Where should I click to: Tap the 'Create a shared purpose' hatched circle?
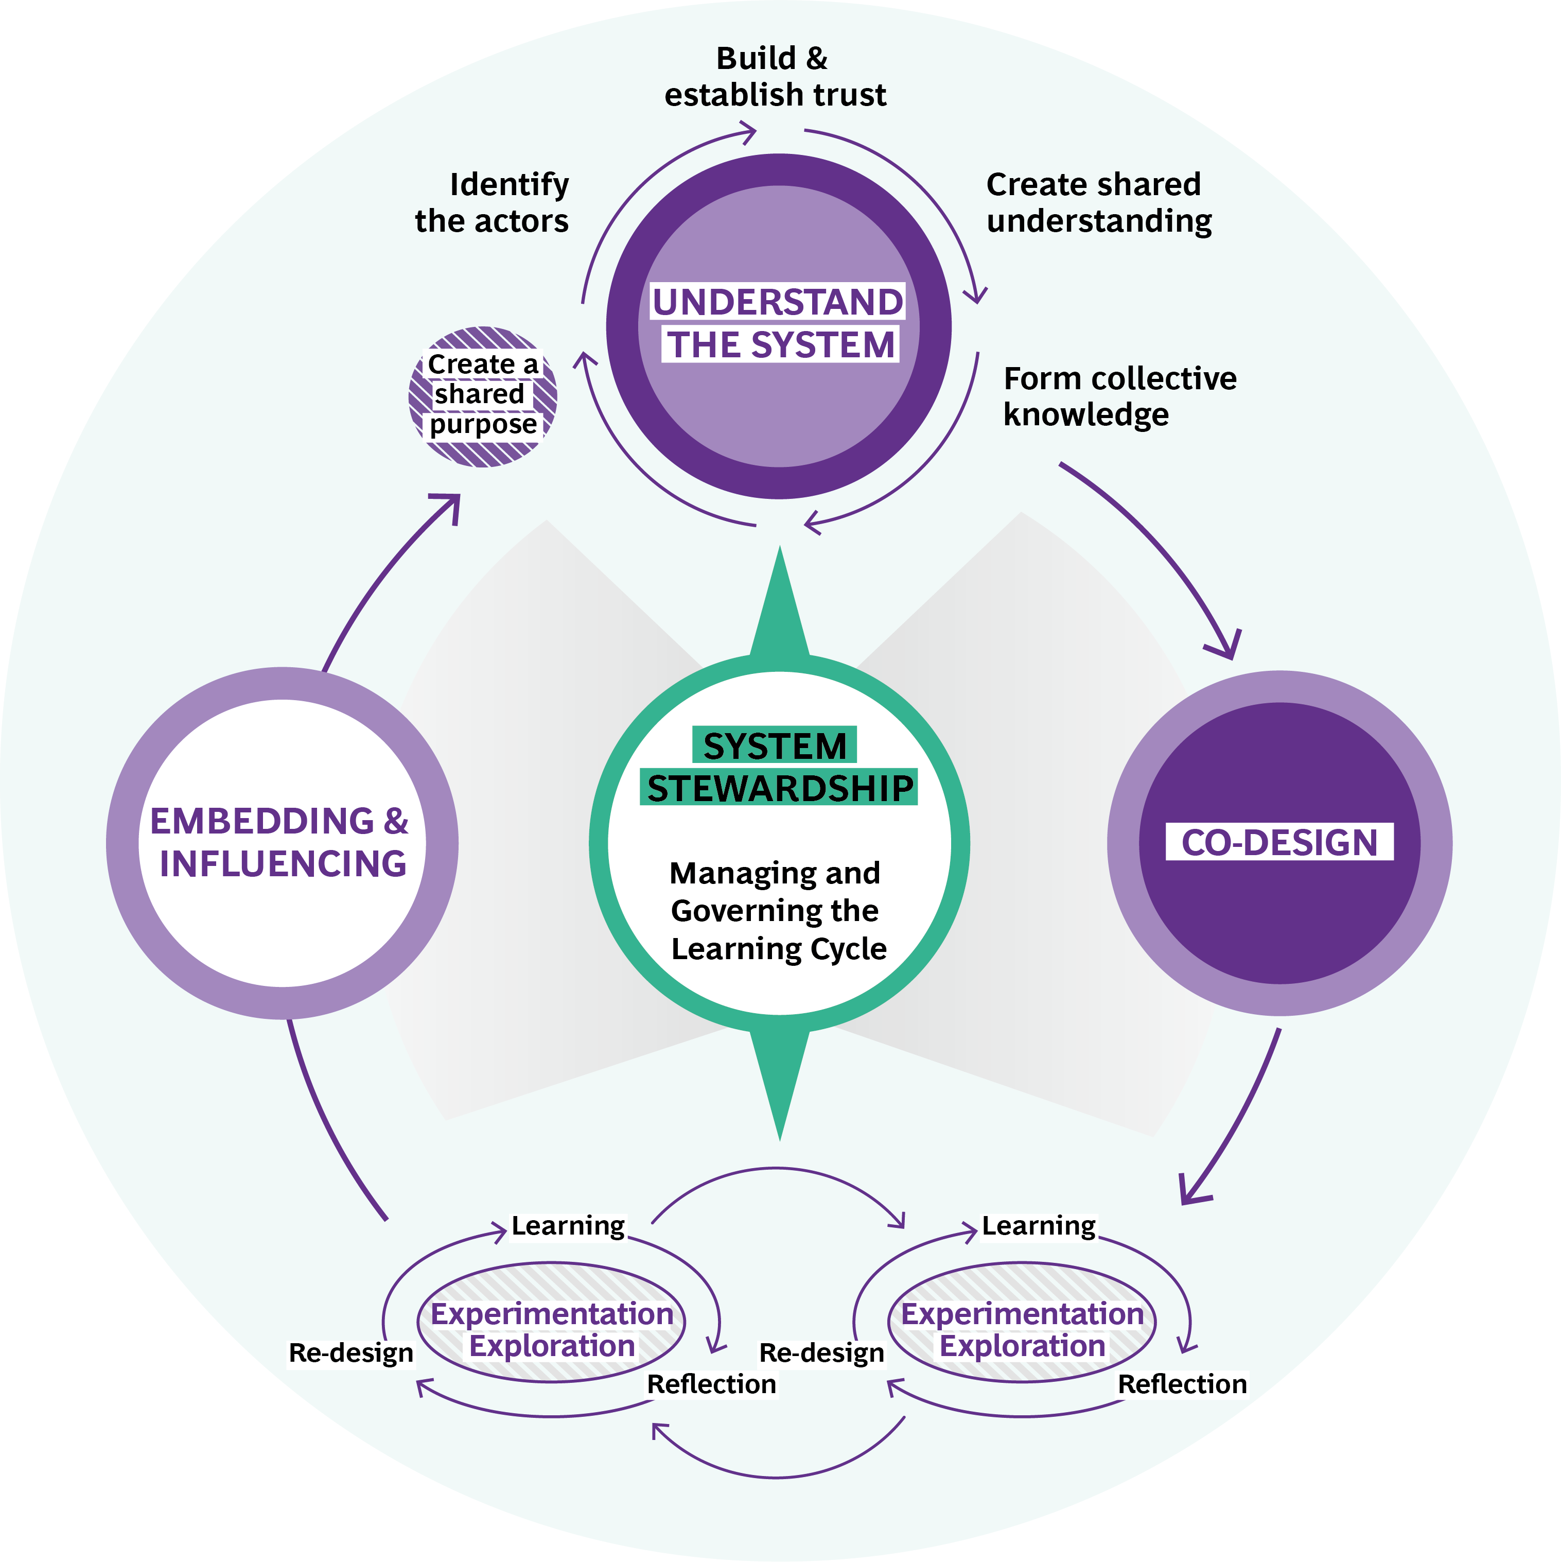pyautogui.click(x=483, y=395)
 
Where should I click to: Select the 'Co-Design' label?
pyautogui.click(x=1279, y=842)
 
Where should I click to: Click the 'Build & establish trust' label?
pyautogui.click(x=775, y=77)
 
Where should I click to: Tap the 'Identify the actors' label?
pyautogui.click(x=493, y=202)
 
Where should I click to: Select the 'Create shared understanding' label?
pyautogui.click(x=1098, y=202)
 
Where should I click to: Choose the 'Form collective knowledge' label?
pyautogui.click(x=1119, y=396)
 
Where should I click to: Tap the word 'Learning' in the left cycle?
pyautogui.click(x=568, y=1226)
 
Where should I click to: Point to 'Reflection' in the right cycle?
pyautogui.click(x=1182, y=1384)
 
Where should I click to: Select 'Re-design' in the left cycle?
pyautogui.click(x=351, y=1352)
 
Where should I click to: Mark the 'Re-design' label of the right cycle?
pyautogui.click(x=821, y=1352)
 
